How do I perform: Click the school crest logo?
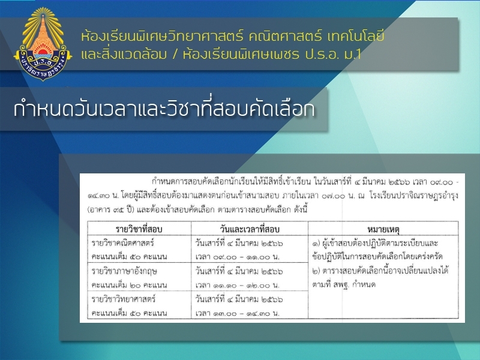(x=43, y=44)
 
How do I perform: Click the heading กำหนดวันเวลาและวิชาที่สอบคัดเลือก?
(x=164, y=109)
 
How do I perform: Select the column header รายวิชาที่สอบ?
(x=139, y=229)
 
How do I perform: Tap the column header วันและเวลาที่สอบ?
(x=250, y=229)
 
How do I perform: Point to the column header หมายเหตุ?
(x=383, y=229)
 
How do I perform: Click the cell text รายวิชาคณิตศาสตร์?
(x=122, y=243)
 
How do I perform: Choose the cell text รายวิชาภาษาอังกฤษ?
(x=124, y=271)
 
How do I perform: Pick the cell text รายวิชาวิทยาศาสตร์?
(x=124, y=299)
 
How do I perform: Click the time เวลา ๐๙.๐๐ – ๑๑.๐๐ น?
(x=238, y=257)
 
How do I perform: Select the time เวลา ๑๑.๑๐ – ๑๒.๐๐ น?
(x=238, y=285)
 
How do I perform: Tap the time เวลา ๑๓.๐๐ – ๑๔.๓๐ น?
(x=238, y=313)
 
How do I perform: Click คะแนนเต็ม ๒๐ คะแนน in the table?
(x=129, y=285)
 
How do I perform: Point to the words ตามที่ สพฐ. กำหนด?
(x=344, y=284)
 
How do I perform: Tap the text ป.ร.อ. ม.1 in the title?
(x=333, y=55)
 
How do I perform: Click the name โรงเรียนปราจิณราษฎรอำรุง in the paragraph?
(x=413, y=196)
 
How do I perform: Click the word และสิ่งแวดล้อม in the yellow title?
(x=124, y=54)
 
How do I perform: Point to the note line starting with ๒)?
(x=380, y=271)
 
